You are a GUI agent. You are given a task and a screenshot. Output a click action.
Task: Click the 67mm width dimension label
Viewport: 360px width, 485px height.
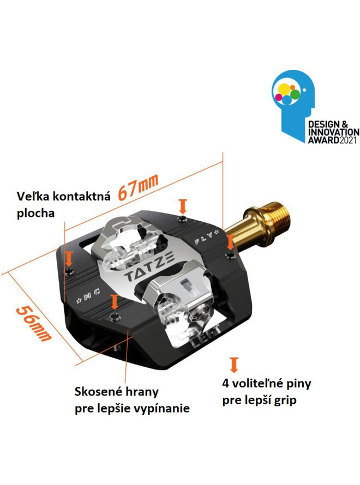tap(138, 187)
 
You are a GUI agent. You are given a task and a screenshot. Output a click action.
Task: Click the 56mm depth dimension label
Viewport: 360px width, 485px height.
tap(33, 324)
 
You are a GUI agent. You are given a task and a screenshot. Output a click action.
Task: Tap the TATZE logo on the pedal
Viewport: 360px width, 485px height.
tap(151, 266)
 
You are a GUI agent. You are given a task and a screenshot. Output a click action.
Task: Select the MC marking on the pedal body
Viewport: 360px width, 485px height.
tap(88, 295)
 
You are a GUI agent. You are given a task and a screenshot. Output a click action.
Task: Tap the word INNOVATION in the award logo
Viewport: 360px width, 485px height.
tap(334, 132)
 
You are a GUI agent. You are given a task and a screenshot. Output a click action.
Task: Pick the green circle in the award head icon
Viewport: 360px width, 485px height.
tap(295, 94)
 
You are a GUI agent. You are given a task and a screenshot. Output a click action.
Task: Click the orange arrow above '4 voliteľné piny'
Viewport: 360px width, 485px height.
tap(234, 365)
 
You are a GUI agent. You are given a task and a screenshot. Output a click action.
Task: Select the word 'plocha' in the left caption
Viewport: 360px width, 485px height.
tap(35, 214)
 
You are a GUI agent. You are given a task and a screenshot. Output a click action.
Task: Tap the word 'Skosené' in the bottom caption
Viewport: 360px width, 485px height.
tap(93, 392)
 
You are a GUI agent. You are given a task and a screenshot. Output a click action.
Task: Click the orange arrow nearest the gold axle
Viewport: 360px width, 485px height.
tap(230, 242)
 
